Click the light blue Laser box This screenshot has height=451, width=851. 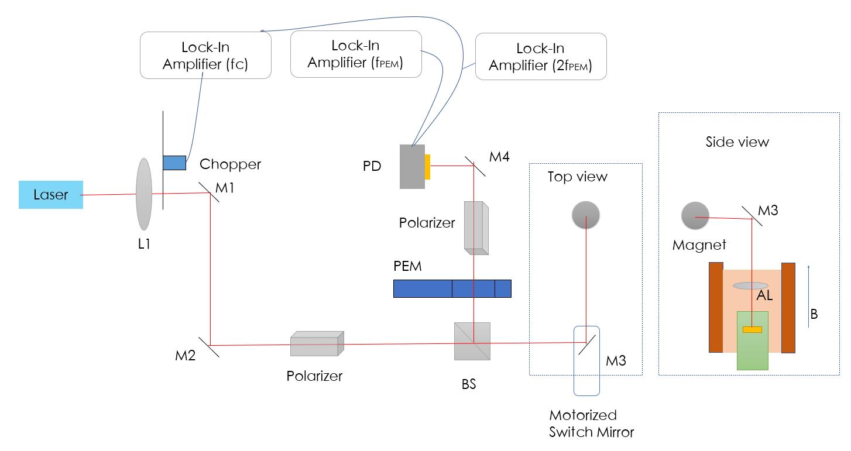pyautogui.click(x=50, y=195)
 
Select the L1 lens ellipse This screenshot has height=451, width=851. pyautogui.click(x=144, y=193)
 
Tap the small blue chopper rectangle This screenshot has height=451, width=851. pyautogui.click(x=174, y=163)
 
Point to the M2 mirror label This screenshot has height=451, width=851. pyautogui.click(x=186, y=355)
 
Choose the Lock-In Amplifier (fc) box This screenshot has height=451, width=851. pyautogui.click(x=205, y=55)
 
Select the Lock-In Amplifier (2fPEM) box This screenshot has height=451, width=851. pyautogui.click(x=540, y=57)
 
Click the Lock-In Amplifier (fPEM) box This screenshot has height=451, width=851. pyautogui.click(x=356, y=54)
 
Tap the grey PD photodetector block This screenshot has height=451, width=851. pyautogui.click(x=412, y=167)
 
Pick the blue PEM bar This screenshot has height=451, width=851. pyautogui.click(x=452, y=288)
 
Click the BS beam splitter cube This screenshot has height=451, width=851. pyautogui.click(x=472, y=341)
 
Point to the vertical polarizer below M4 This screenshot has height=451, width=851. pyautogui.click(x=475, y=227)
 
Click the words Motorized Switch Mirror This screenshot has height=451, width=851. pyautogui.click(x=591, y=424)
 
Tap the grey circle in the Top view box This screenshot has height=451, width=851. pyautogui.click(x=586, y=216)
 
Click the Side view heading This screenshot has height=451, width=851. pyautogui.click(x=737, y=142)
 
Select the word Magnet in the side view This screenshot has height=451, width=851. pyautogui.click(x=699, y=245)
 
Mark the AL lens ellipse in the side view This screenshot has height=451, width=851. pyautogui.click(x=750, y=285)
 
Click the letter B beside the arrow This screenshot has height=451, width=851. pyautogui.click(x=814, y=315)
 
